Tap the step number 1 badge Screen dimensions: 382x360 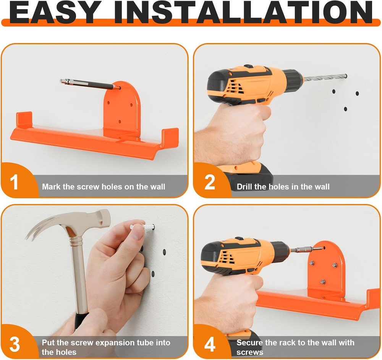[x=14, y=182]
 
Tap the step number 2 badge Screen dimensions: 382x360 [x=209, y=182]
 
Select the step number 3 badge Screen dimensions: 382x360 [x=15, y=344]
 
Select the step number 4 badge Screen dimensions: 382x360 [x=210, y=344]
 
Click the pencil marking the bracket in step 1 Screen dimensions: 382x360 [x=90, y=84]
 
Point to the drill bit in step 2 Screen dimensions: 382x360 [x=325, y=78]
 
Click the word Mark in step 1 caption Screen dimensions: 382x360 [x=51, y=187]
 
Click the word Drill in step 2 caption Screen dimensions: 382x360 [x=244, y=187]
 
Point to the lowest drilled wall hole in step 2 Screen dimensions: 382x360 [x=345, y=109]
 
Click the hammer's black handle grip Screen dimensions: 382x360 [x=80, y=321]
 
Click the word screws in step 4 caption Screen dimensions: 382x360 [x=250, y=352]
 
